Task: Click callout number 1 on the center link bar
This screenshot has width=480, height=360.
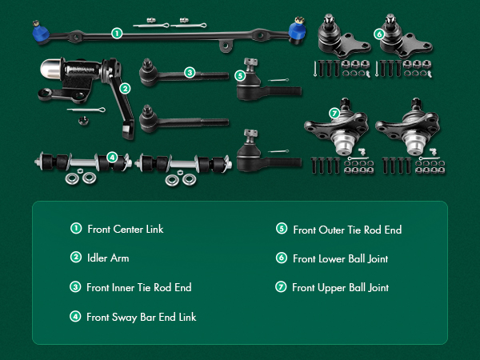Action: [117, 34]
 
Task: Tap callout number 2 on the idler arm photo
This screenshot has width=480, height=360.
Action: [124, 88]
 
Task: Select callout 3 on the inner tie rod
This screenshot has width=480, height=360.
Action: [190, 72]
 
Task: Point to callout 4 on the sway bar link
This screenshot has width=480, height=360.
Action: [112, 157]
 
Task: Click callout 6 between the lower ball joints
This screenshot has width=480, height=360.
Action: [378, 34]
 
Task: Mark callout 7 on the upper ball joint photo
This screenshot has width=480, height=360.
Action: [334, 113]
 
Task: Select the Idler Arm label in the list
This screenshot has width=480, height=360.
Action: [108, 258]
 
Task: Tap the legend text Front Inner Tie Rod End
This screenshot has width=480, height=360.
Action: [138, 287]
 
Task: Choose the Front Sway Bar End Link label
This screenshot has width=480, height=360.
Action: [141, 317]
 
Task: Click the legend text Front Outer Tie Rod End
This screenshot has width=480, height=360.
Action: [347, 230]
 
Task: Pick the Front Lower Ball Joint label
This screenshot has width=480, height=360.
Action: [341, 258]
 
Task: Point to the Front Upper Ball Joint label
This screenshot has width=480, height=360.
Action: [340, 287]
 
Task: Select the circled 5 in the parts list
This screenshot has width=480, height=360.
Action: [282, 229]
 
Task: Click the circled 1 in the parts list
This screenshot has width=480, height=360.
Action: [76, 229]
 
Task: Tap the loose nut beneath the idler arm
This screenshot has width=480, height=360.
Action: [82, 122]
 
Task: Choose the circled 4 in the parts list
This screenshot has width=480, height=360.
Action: [76, 316]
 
